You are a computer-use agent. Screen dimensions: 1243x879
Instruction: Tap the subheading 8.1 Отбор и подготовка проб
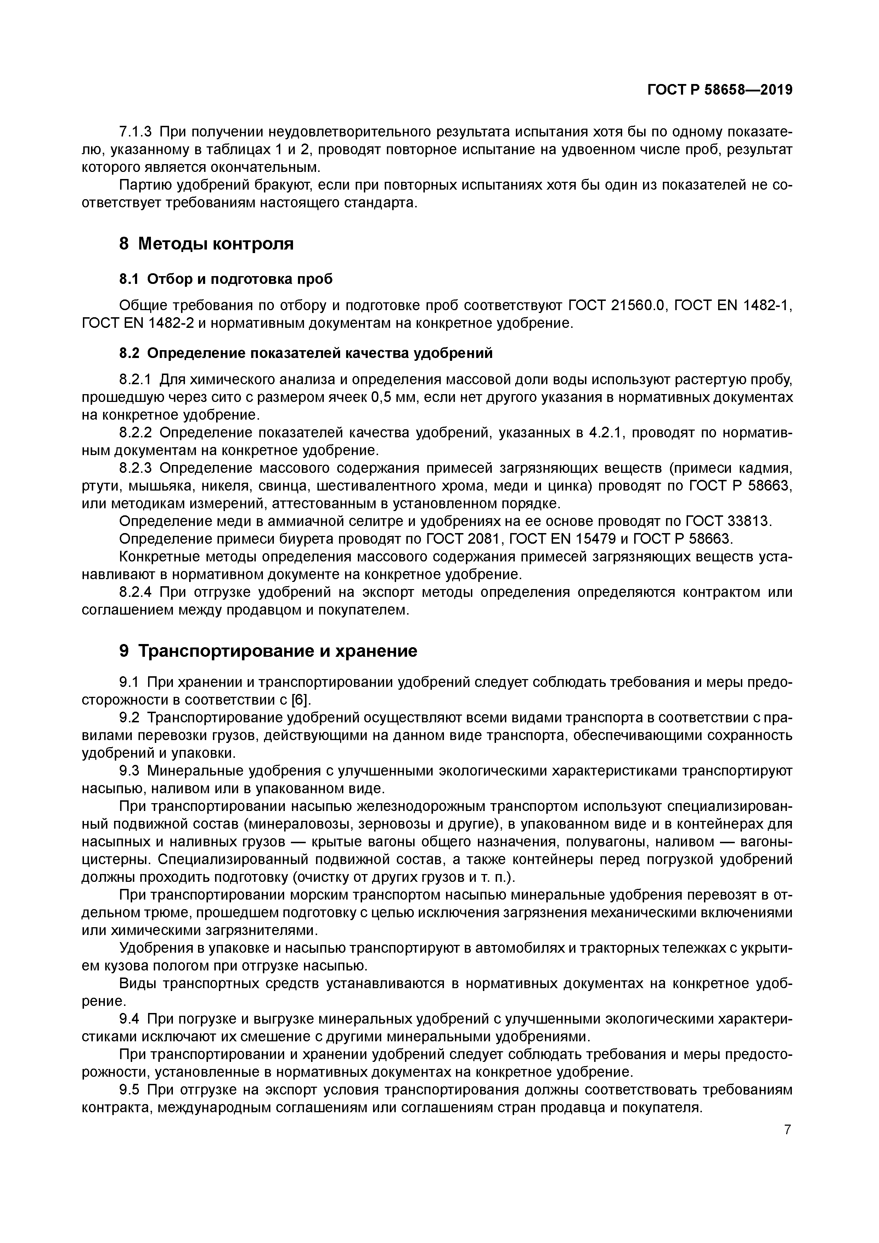pos(226,279)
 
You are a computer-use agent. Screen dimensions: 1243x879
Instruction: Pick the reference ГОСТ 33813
pos(727,521)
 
